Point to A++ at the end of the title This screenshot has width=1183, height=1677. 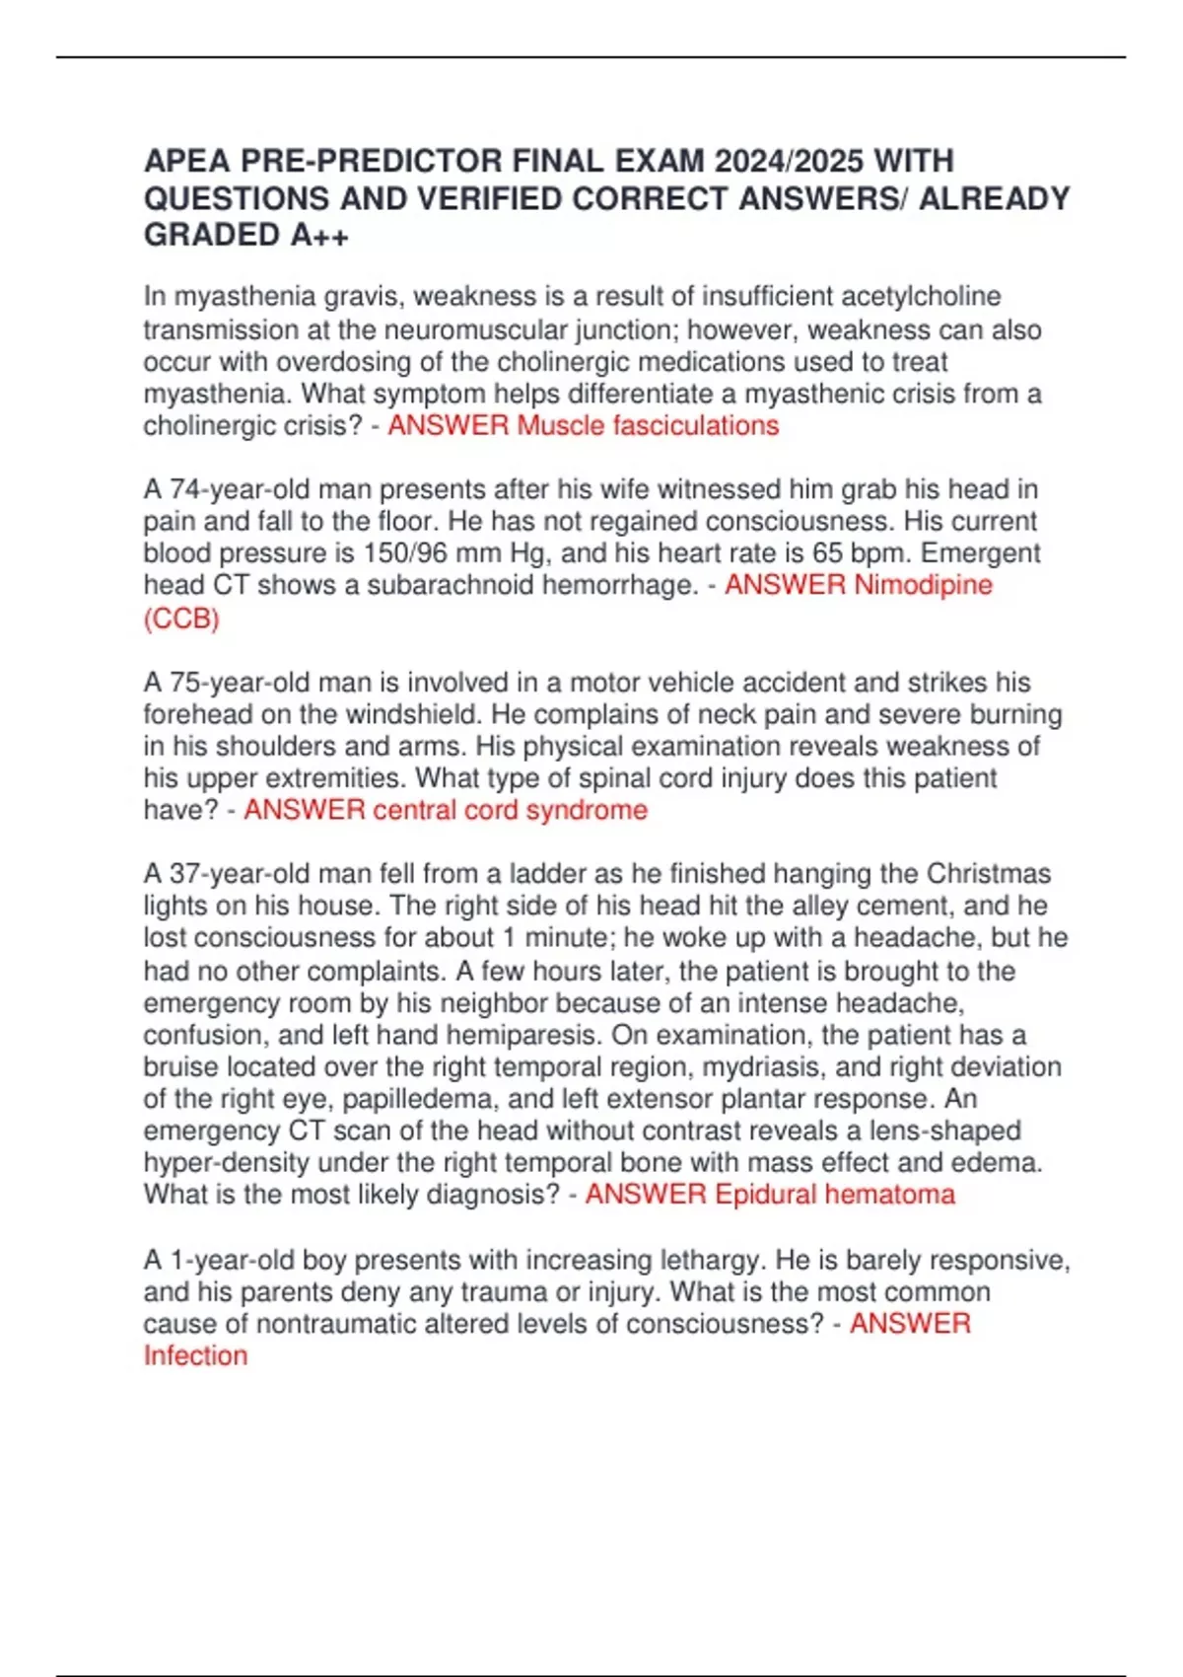pos(319,236)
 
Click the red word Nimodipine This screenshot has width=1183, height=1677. pos(923,585)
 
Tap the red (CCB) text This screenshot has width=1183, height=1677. pos(181,619)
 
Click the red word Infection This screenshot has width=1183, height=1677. pos(195,1356)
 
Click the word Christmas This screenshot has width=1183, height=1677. pos(989,874)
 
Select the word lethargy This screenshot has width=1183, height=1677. pos(713,1261)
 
